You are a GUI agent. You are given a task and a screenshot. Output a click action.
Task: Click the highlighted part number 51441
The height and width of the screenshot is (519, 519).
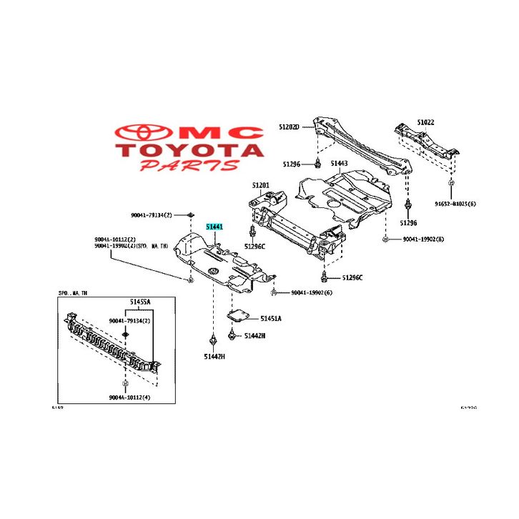point(215,227)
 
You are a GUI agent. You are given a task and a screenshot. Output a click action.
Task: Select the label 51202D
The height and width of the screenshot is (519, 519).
point(290,127)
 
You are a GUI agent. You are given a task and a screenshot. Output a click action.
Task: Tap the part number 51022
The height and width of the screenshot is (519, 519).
point(426,122)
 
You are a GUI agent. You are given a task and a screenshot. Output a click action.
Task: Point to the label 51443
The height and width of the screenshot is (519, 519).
point(338,164)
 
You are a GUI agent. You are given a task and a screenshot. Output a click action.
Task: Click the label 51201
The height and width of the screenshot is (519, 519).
point(260,186)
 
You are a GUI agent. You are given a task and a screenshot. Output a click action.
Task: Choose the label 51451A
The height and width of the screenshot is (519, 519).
point(271,318)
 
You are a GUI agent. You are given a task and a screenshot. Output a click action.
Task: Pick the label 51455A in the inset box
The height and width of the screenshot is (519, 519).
point(140,302)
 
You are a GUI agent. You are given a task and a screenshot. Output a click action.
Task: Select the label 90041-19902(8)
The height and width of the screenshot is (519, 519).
point(423,239)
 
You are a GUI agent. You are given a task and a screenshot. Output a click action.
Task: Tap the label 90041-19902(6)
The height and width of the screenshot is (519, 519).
point(312,292)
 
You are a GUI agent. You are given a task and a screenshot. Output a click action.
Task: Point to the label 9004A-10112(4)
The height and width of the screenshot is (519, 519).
point(130,397)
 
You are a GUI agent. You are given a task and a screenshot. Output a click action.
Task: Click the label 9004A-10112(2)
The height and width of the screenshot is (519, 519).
point(115,239)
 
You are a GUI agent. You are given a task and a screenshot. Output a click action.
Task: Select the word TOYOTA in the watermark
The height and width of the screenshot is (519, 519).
point(190,151)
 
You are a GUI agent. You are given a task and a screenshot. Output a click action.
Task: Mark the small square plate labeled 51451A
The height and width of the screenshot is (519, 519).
point(237,315)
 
